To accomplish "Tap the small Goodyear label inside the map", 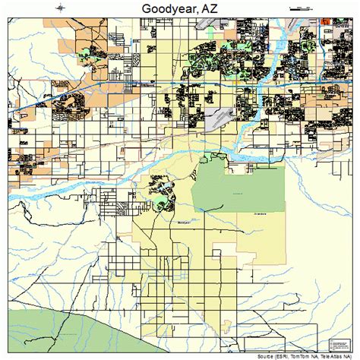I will click(x=182, y=223).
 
